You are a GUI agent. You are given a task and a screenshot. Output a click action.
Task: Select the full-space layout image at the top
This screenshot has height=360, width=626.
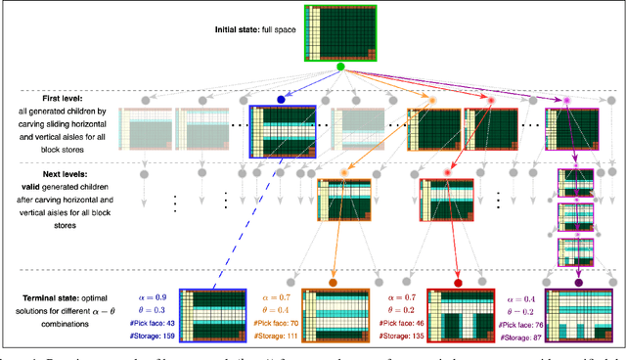342,32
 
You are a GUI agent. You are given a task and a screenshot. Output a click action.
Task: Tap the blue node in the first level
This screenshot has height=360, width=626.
282,100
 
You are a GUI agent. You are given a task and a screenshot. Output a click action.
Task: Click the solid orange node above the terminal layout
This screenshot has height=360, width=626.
334,283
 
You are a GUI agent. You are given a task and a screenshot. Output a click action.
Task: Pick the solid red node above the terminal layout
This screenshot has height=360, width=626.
458,283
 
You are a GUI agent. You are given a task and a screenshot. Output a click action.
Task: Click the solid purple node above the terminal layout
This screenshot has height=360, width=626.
578,283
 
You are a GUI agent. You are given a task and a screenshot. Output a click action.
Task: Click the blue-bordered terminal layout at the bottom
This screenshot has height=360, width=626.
211,316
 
